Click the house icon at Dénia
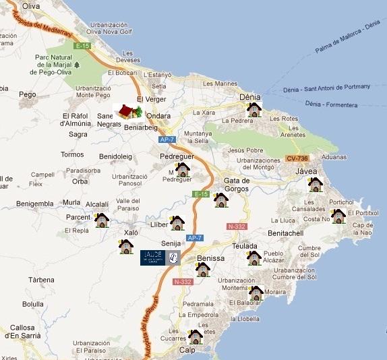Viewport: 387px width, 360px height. click(254, 109)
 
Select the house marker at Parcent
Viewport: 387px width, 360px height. click(102, 220)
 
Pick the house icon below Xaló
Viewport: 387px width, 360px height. click(126, 246)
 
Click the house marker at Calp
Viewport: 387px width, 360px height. click(196, 336)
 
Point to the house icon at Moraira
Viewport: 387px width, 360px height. click(256, 293)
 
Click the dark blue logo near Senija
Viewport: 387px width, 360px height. click(160, 257)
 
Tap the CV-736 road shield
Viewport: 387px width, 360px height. click(297, 158)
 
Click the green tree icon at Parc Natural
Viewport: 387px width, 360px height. click(77, 65)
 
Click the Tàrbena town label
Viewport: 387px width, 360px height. click(41, 279)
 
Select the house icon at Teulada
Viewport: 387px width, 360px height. click(254, 258)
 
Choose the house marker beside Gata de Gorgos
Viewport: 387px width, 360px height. click(220, 200)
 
